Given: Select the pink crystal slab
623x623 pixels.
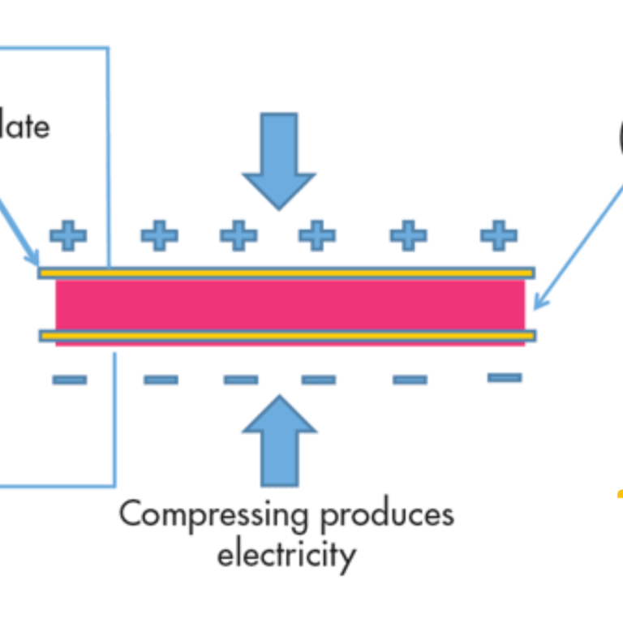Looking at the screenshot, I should point(290,304).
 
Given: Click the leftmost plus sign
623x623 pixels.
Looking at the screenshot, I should point(68,236).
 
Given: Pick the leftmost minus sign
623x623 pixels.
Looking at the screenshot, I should point(69,379).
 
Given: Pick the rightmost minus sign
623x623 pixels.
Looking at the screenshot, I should point(505,377).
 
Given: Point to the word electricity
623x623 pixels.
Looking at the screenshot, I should point(286,556).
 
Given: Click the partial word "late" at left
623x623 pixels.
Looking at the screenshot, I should point(24,127).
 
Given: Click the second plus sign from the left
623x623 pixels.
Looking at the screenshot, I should point(159,236).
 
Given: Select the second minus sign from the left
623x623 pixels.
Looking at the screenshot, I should point(161,379).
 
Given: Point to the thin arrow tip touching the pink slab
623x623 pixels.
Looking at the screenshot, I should point(536,306).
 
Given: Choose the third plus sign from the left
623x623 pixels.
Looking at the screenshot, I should point(238,236).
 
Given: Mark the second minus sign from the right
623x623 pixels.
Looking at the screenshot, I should point(410,379).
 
